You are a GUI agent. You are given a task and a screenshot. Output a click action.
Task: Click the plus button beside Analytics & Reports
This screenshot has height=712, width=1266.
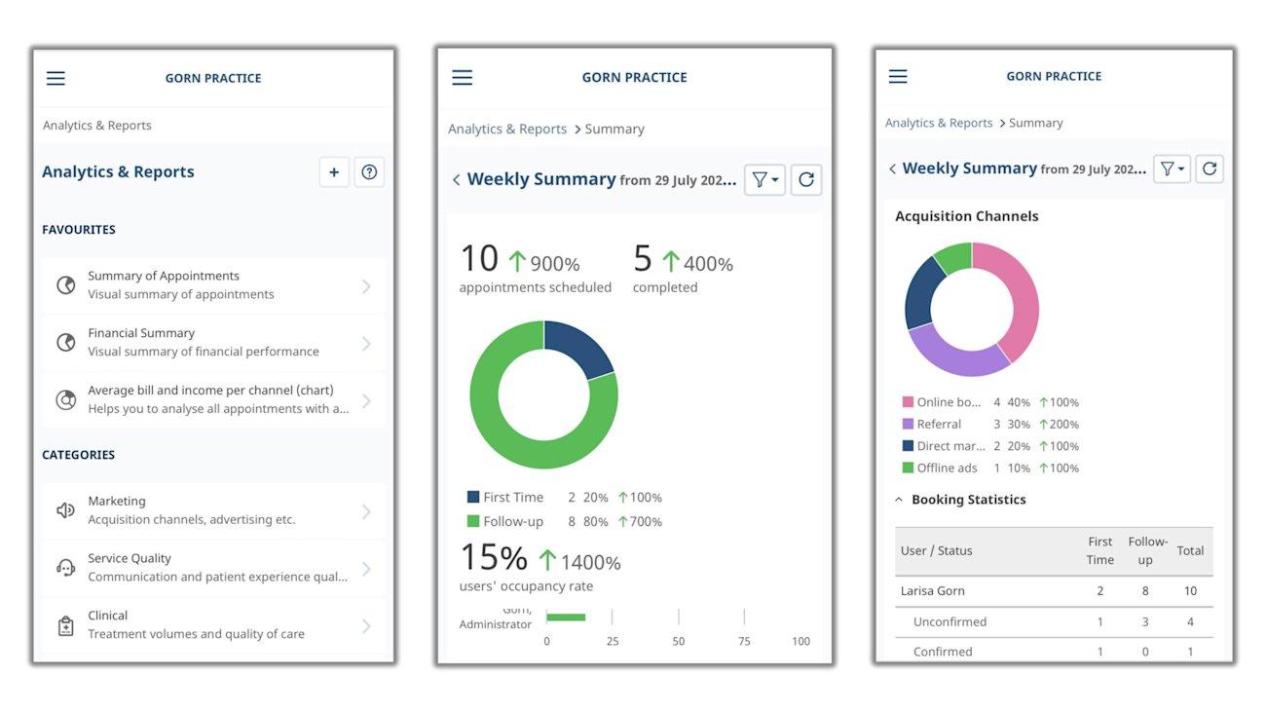coord(334,172)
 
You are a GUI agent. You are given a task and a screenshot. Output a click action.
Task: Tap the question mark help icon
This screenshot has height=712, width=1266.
coord(369,172)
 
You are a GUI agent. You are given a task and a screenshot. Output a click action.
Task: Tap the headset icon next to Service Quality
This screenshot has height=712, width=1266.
coord(66,568)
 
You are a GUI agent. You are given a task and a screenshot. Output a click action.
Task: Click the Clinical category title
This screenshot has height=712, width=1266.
coord(108,616)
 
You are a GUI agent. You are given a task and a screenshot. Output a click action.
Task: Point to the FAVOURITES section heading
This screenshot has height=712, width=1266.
coord(79,230)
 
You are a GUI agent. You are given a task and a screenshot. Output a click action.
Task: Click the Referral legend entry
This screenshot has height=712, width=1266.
coord(939,425)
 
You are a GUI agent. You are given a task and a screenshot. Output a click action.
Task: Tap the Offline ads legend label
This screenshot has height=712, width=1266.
coord(947,468)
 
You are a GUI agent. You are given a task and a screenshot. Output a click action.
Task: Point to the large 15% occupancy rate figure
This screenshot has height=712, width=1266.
coord(494,558)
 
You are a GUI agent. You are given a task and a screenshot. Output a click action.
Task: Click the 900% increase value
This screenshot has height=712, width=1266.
coord(555,264)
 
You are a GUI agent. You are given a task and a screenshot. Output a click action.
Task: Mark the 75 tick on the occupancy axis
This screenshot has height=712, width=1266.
coord(744,641)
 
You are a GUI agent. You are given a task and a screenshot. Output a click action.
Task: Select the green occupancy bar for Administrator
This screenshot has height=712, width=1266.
coord(566,617)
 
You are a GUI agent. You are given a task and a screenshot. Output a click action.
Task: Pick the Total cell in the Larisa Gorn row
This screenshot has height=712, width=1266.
coord(1190,591)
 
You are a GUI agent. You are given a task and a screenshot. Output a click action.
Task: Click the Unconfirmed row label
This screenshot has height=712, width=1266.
coord(949,622)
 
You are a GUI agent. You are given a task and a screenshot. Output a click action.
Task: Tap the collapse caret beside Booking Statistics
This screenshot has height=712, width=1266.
coord(899,500)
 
